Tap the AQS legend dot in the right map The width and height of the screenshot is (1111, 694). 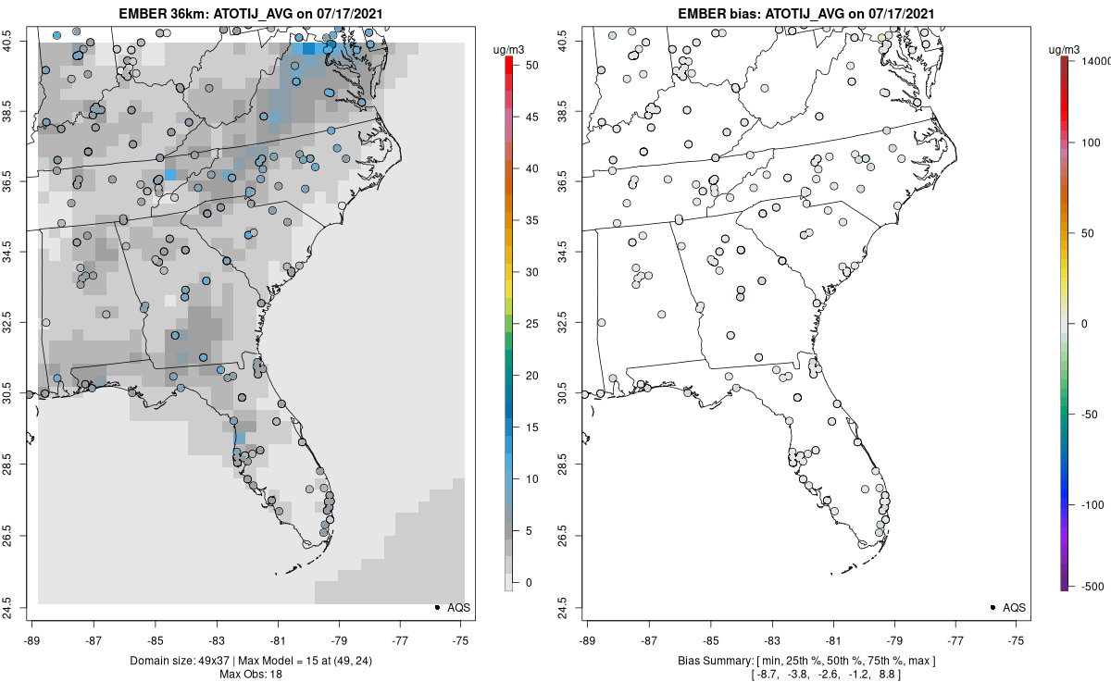(992, 607)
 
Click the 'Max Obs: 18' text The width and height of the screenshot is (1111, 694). (250, 674)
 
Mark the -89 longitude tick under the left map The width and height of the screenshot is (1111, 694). (32, 639)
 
